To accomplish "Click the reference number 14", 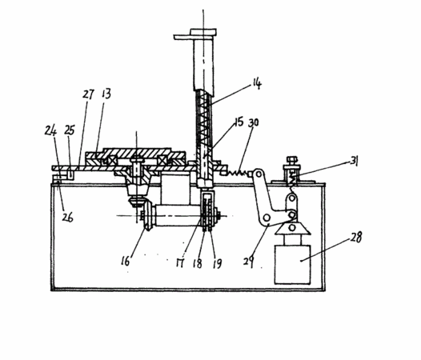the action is pyautogui.click(x=257, y=83).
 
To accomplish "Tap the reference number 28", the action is pyautogui.click(x=356, y=237).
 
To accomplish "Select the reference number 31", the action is pyautogui.click(x=355, y=162).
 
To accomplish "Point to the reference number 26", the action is pyautogui.click(x=67, y=217).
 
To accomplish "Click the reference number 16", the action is pyautogui.click(x=126, y=261).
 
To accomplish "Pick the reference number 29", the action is pyautogui.click(x=249, y=262).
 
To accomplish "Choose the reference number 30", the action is pyautogui.click(x=253, y=122).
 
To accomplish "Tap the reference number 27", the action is pyautogui.click(x=89, y=94).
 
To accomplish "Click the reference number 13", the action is pyautogui.click(x=106, y=94).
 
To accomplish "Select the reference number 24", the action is pyautogui.click(x=50, y=130).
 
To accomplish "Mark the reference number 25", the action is pyautogui.click(x=70, y=130).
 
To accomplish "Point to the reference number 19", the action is pyautogui.click(x=217, y=264).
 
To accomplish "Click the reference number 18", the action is pyautogui.click(x=198, y=264).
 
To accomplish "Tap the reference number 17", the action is pyautogui.click(x=180, y=263).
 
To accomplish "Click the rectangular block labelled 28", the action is pyautogui.click(x=292, y=265).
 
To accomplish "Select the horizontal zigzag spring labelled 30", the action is pyautogui.click(x=239, y=173).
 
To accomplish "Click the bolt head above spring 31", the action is pyautogui.click(x=291, y=161).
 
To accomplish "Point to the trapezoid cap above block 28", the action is pyautogui.click(x=292, y=229).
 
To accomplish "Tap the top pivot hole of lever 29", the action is pyautogui.click(x=259, y=174).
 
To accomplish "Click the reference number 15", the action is pyautogui.click(x=239, y=122).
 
